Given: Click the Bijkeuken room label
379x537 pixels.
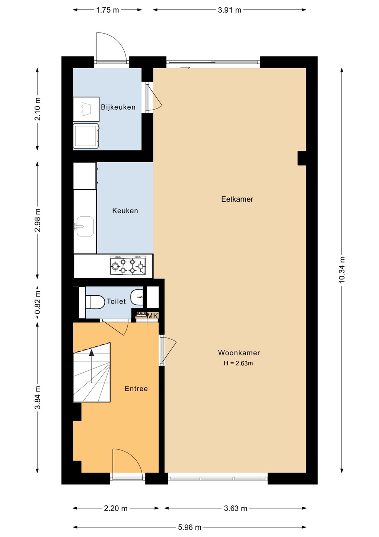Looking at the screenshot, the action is (118, 107).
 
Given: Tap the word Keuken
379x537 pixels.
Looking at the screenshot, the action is (125, 211).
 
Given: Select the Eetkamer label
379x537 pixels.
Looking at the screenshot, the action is (237, 199).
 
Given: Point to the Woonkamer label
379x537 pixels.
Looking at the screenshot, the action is (239, 353).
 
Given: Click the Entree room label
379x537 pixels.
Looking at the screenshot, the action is (136, 389).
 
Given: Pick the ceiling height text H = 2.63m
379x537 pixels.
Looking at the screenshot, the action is (238, 363).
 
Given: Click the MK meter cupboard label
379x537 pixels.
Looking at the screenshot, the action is (152, 316).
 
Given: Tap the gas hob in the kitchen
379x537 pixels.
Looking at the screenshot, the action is (128, 266).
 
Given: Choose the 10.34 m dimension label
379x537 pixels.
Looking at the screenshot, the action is (342, 270).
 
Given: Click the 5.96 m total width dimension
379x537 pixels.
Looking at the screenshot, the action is (189, 527).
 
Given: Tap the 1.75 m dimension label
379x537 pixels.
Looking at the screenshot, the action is (108, 10).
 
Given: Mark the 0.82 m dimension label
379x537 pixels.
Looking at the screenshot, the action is (37, 302).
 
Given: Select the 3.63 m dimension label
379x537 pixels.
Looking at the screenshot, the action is (235, 508).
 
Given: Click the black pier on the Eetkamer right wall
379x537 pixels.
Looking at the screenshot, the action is (302, 158).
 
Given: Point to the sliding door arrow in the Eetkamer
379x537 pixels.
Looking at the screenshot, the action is (185, 68).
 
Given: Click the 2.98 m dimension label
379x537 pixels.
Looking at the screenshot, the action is (37, 220).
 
